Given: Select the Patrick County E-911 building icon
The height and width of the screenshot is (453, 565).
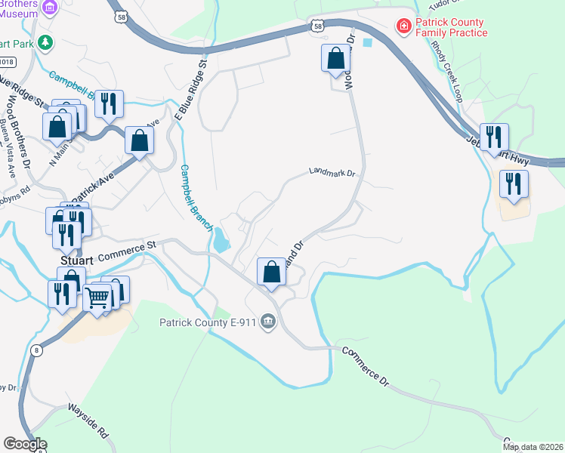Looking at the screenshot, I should click(267, 323).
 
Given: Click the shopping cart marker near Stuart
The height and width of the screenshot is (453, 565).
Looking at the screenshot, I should click(97, 298).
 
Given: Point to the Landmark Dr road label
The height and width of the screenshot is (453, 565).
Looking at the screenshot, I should click(332, 173).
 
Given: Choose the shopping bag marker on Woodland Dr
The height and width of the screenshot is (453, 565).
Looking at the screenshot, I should click(271, 271).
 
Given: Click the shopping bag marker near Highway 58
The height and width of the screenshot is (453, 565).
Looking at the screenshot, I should click(335, 58).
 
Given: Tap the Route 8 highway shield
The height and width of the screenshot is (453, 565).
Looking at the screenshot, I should click(37, 350).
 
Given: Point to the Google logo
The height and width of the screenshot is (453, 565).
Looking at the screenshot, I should click(25, 443).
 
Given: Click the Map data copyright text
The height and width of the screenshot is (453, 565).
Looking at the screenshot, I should click(533, 447).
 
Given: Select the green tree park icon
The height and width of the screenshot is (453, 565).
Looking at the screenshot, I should click(47, 42).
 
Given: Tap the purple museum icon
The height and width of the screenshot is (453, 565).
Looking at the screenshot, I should click(51, 8).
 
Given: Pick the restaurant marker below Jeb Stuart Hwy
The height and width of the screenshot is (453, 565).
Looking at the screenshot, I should click(514, 183).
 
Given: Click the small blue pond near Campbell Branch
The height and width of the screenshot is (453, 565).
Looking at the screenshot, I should click(221, 242).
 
